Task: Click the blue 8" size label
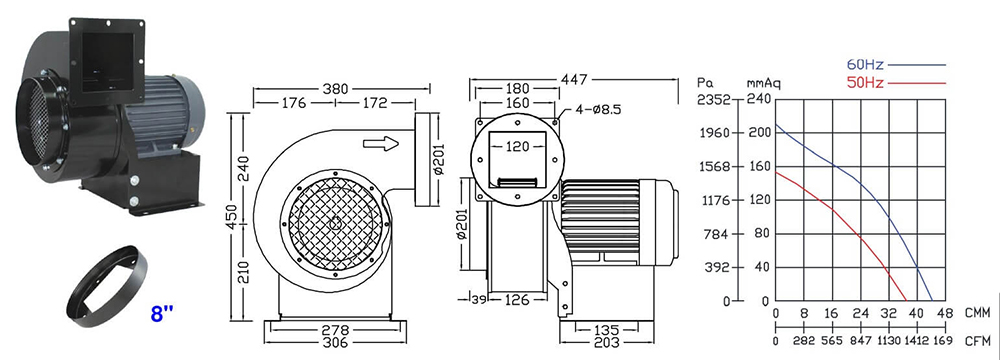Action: pyautogui.click(x=162, y=314)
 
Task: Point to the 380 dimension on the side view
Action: pyautogui.click(x=335, y=89)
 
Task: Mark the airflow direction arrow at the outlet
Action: pyautogui.click(x=381, y=143)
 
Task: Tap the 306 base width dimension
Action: pyautogui.click(x=335, y=343)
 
